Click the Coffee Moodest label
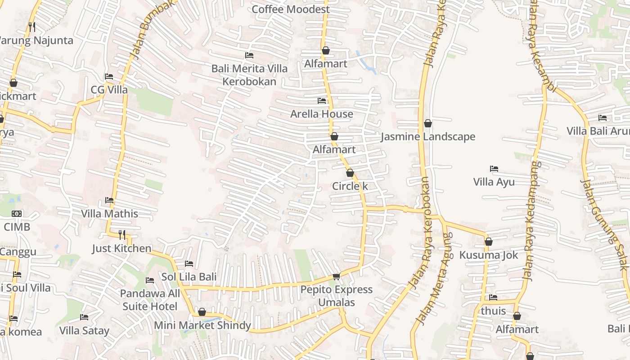coord(291,9)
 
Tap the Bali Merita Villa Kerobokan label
coord(249,75)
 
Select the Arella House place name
coord(321,114)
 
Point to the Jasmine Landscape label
coord(427,137)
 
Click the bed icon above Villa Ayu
coord(494,169)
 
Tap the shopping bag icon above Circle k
coord(350,173)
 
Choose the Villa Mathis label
coord(109,213)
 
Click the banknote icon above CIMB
coord(17,214)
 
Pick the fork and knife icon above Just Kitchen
coord(121,234)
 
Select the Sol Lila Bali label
coord(189,277)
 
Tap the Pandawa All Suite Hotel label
coord(150,300)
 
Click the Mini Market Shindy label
coord(202,325)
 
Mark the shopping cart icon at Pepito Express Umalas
coord(336,276)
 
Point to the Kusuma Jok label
coord(488,255)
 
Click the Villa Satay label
coord(84,331)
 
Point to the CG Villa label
coord(109,90)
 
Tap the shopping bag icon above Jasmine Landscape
coord(428,123)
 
